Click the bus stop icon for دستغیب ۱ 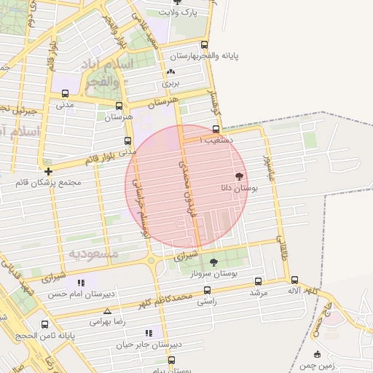216,129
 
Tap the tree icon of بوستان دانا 239,176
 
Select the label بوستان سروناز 219,273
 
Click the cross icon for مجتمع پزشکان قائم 48,171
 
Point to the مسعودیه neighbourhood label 93,254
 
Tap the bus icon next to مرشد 258,281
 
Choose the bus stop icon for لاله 294,280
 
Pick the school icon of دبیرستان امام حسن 81,283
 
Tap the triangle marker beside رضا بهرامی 107,310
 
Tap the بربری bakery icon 170,72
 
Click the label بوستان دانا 240,188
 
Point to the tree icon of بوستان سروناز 213,262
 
